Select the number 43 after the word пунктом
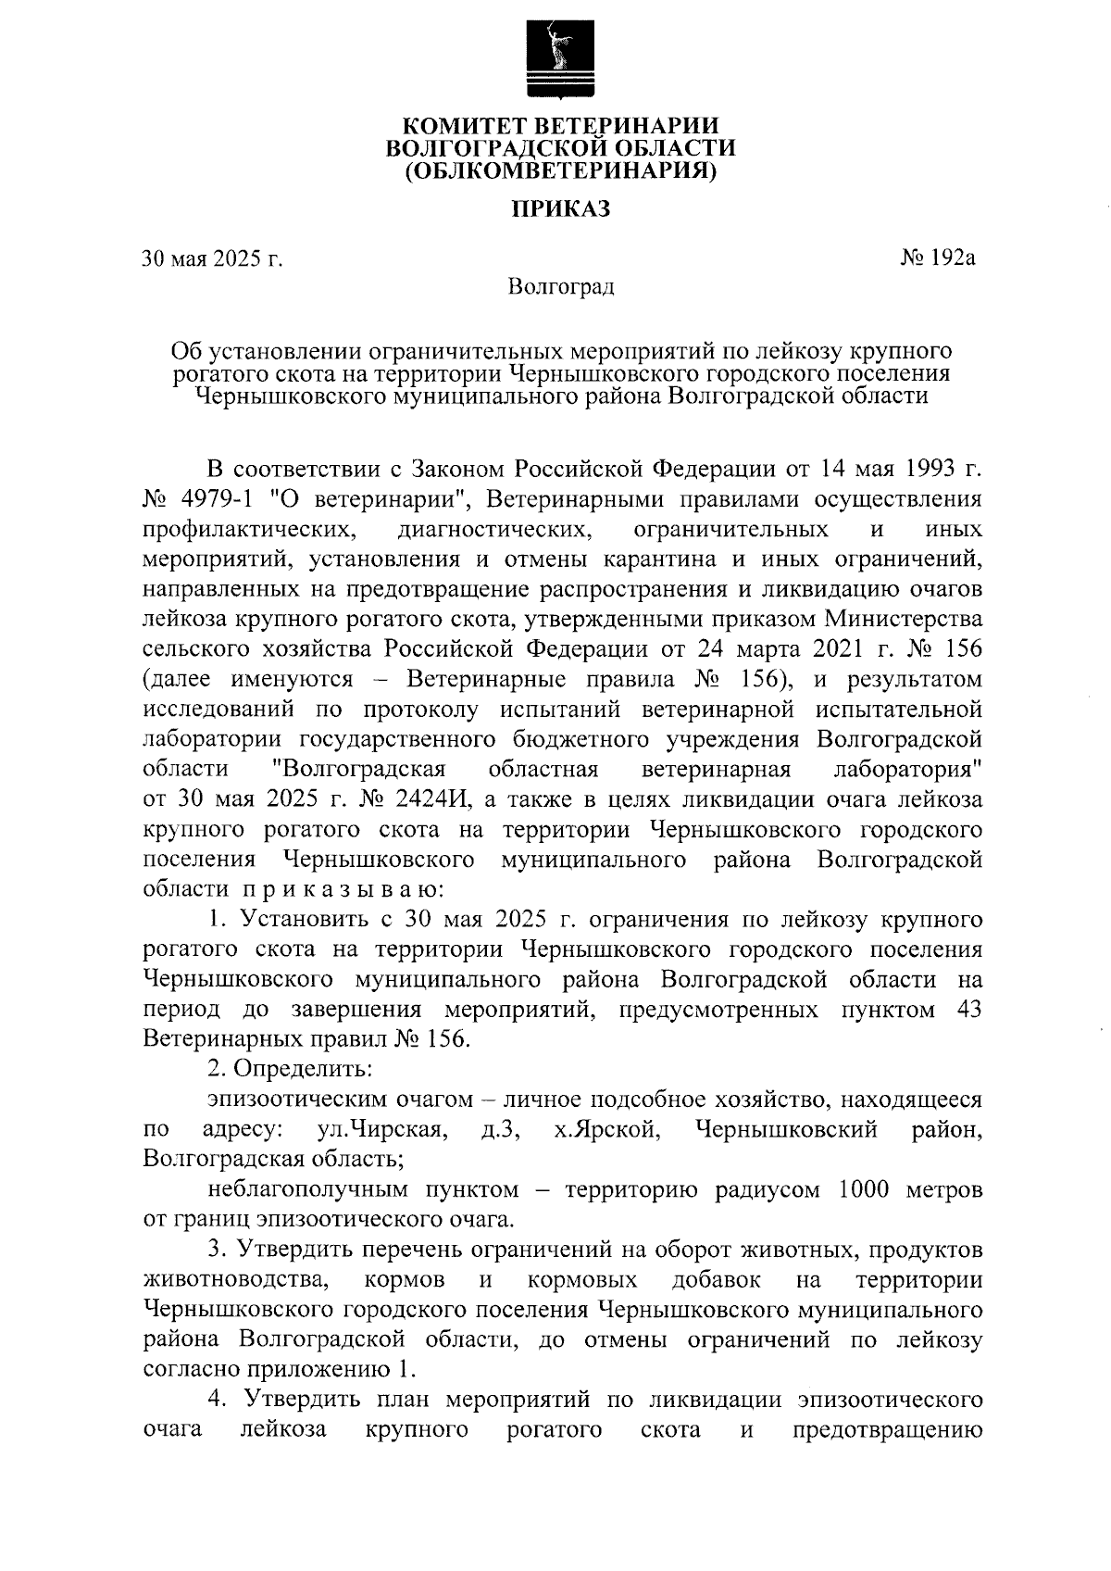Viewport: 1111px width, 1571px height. [967, 1009]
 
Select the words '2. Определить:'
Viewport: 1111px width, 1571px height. [290, 1068]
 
